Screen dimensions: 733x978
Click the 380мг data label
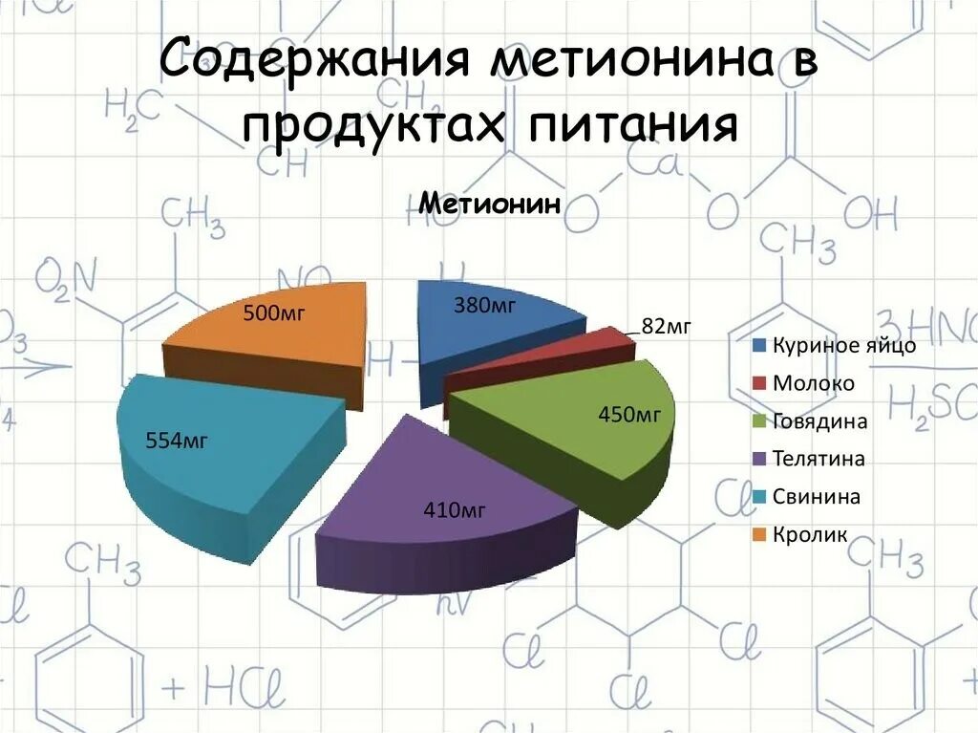click(x=484, y=306)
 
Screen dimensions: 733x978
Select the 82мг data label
click(x=666, y=327)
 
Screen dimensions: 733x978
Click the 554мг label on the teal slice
click(x=177, y=441)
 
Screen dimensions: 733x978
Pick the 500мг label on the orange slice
click(x=273, y=313)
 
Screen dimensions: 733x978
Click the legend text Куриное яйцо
click(x=843, y=346)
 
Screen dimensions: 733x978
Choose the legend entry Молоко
click(x=814, y=384)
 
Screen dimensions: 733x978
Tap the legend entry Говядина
click(x=819, y=421)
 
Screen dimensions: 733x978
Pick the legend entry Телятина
click(x=819, y=460)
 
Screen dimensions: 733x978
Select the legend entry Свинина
click(x=817, y=497)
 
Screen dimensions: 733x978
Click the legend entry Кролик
click(x=810, y=535)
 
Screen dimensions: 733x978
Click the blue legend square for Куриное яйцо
click(x=759, y=346)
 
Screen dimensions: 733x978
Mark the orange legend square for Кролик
click(x=759, y=535)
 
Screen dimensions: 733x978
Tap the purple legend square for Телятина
click(x=759, y=460)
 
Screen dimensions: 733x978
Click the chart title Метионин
click(x=489, y=204)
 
